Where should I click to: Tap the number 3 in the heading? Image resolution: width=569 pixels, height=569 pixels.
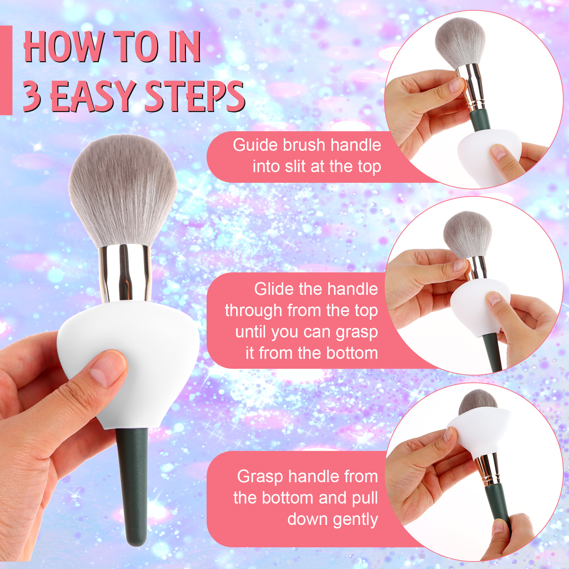coord(32,95)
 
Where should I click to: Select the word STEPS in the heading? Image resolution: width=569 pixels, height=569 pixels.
coord(195,96)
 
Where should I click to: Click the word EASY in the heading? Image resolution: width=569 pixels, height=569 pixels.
coord(94,96)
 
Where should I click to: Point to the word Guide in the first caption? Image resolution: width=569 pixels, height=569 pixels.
coord(255,145)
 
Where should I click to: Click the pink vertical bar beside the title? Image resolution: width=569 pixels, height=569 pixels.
coord(6,70)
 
